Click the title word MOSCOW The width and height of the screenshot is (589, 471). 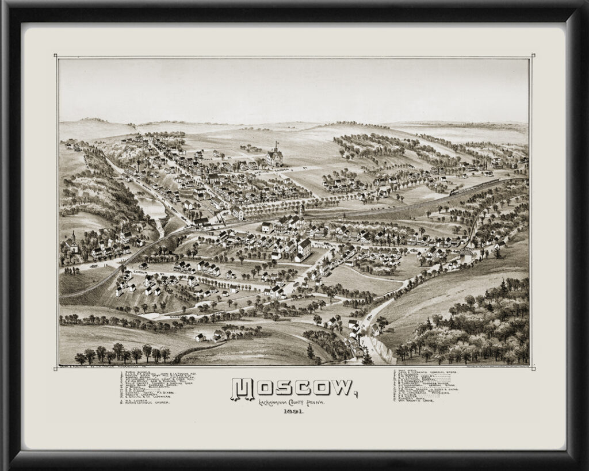pos(293,390)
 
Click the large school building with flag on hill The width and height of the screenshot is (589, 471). pos(274,156)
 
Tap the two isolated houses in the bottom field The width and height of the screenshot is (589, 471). pos(209,336)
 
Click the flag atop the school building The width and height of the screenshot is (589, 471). pos(277,143)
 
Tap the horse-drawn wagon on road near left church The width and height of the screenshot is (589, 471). pos(92,266)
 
